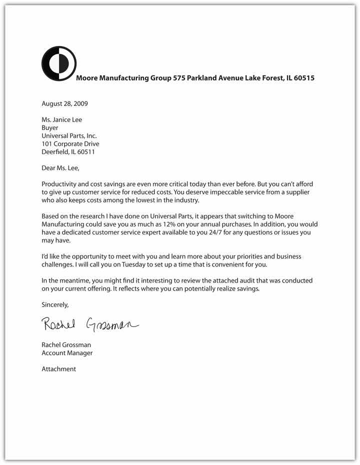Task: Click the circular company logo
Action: click(59, 63)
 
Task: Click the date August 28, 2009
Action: click(64, 103)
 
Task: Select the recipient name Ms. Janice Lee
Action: click(61, 119)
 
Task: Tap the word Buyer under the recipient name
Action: click(50, 127)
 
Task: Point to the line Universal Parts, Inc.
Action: click(69, 135)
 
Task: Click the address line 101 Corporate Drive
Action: click(70, 144)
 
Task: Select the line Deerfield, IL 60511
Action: click(68, 152)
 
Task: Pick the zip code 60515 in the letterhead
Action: click(304, 78)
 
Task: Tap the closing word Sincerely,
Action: click(55, 304)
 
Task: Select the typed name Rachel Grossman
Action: click(66, 344)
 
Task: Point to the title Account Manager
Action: click(67, 352)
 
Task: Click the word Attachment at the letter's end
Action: click(59, 369)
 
